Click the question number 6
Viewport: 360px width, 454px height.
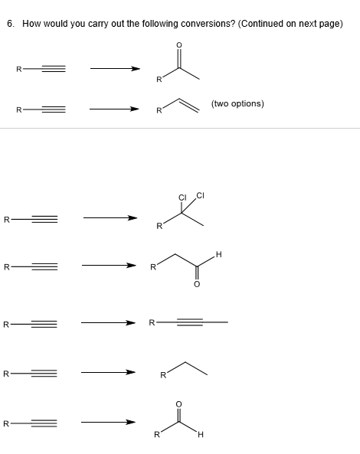coord(11,24)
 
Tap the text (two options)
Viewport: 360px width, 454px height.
coord(237,103)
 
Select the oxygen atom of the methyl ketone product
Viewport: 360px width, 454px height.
coord(179,45)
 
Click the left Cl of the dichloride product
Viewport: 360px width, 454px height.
coord(182,198)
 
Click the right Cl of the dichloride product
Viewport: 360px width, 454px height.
coord(201,195)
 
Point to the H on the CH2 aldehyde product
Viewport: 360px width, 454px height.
coord(218,254)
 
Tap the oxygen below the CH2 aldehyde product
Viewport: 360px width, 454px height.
coord(197,284)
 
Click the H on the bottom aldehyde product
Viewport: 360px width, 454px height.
coord(201,434)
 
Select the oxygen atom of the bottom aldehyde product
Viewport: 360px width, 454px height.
coord(178,404)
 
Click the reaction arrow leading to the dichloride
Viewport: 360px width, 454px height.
coord(110,217)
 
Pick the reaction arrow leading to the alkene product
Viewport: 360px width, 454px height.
coord(114,109)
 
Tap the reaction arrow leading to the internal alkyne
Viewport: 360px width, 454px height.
coord(108,322)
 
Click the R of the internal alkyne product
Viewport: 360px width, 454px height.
coord(152,322)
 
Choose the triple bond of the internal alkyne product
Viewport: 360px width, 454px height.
coord(190,322)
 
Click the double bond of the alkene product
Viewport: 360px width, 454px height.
coord(188,105)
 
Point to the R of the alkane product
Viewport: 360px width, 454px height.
coord(163,375)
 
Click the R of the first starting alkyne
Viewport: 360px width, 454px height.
coord(19,69)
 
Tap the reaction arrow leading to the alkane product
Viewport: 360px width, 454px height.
coord(108,372)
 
